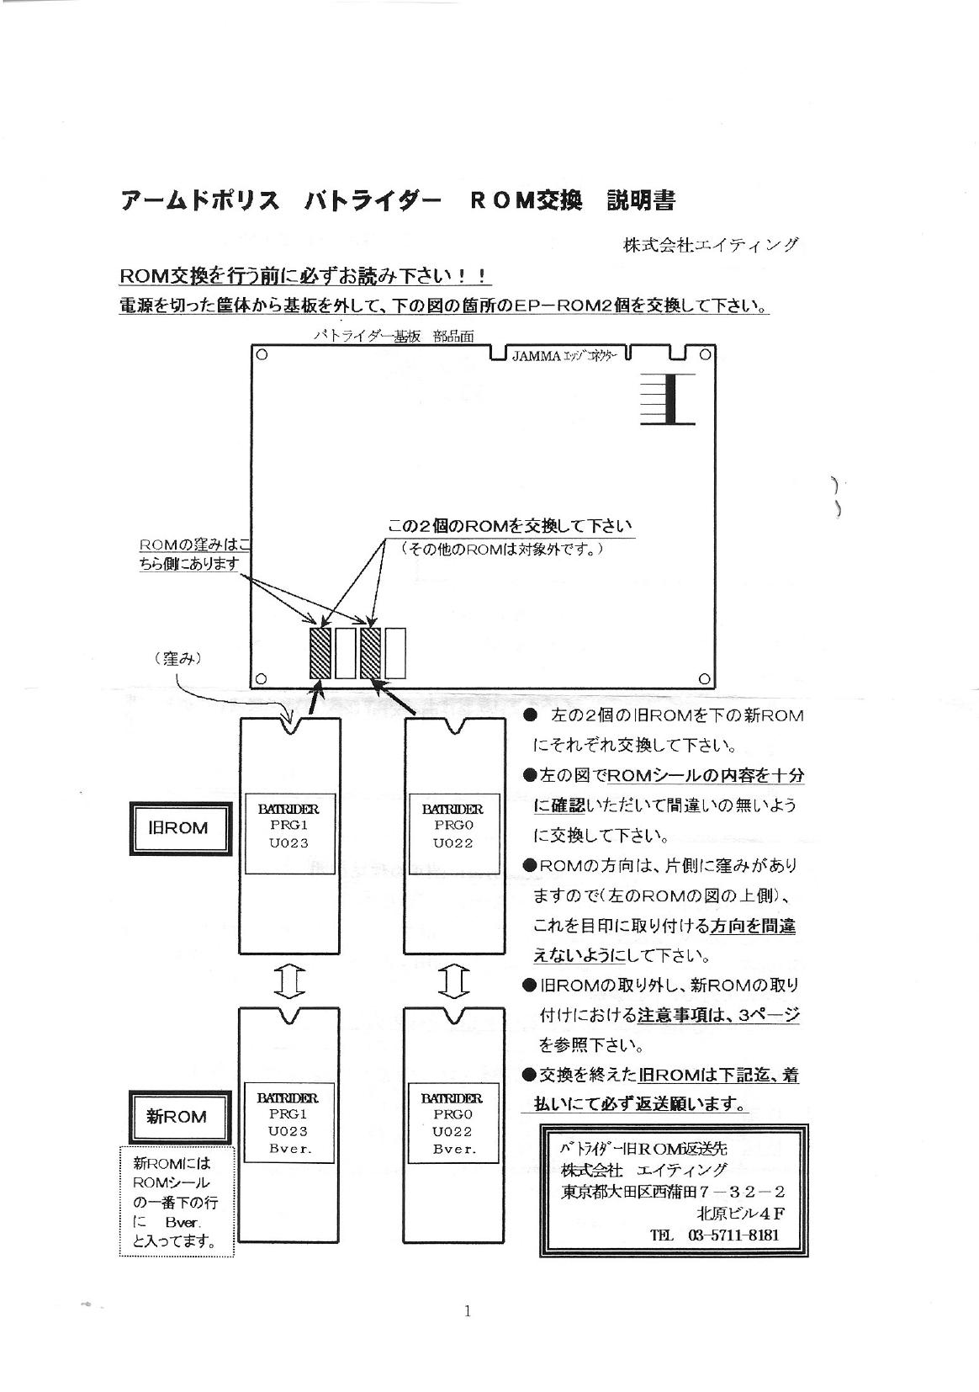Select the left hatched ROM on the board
pyautogui.click(x=320, y=652)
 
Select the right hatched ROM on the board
pyautogui.click(x=371, y=652)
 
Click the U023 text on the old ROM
pyautogui.click(x=288, y=843)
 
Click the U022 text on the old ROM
pyautogui.click(x=453, y=843)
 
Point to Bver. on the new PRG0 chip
pyautogui.click(x=454, y=1149)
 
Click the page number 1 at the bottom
pyautogui.click(x=468, y=1310)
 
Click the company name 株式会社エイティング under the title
pyautogui.click(x=711, y=245)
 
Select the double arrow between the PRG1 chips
pyautogui.click(x=288, y=981)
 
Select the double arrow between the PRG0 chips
pyautogui.click(x=453, y=981)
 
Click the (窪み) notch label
pyautogui.click(x=178, y=659)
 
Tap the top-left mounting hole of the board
pyautogui.click(x=262, y=355)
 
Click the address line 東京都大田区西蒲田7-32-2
pyautogui.click(x=673, y=1192)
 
